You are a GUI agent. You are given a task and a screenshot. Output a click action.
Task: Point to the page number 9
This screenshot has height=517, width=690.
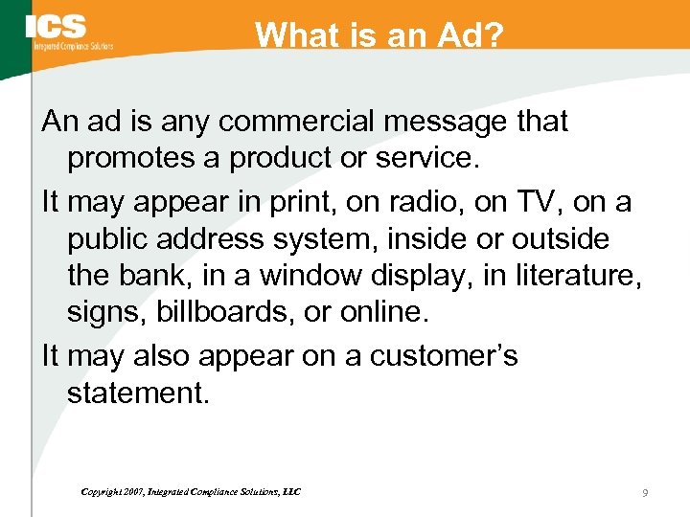[645, 492]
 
